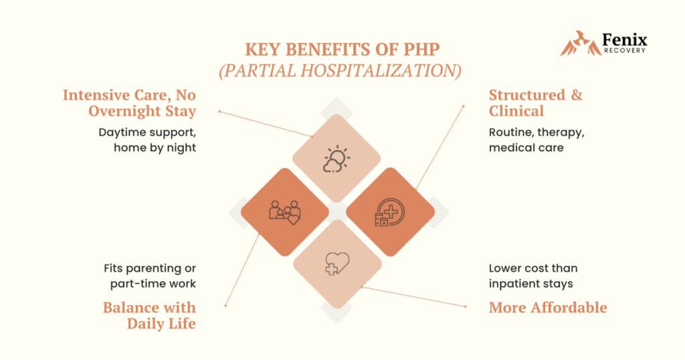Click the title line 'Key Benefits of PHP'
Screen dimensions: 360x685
click(x=342, y=50)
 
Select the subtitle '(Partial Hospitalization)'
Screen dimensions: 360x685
click(x=342, y=70)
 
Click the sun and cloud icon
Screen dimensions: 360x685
click(x=336, y=159)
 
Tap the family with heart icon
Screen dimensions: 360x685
click(x=284, y=211)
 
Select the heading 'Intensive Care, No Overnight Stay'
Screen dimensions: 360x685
click(x=129, y=103)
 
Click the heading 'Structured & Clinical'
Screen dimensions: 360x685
click(x=535, y=103)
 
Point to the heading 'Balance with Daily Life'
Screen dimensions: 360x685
click(x=149, y=316)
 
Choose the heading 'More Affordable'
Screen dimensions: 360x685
click(x=548, y=308)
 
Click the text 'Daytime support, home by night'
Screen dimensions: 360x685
click(x=147, y=140)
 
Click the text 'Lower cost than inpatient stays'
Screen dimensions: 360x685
click(x=532, y=276)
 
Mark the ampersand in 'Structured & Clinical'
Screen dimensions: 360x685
click(x=575, y=95)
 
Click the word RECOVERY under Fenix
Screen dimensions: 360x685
click(x=625, y=51)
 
